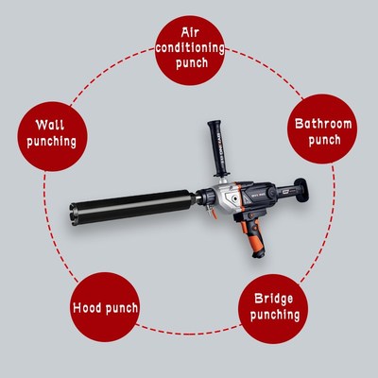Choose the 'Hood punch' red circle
pos(106,307)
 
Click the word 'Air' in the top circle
pos(189,29)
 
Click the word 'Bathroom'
pos(323,123)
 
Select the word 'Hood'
pos(90,308)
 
